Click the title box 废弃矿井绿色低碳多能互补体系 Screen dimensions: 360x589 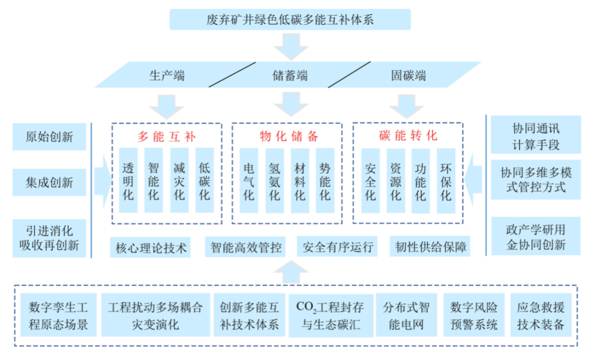290,20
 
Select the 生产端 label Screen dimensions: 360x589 167,75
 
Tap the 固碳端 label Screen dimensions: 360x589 408,75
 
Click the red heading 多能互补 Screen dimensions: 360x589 166,136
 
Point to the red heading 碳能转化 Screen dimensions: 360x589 408,136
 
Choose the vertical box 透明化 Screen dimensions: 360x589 128,181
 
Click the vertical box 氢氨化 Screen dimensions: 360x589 274,181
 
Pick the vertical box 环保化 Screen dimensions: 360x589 446,181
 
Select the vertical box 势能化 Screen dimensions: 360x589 324,181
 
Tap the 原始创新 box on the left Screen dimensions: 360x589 49,136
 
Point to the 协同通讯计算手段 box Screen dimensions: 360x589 536,136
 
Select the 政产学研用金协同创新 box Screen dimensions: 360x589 536,236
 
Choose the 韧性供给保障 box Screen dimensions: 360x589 431,248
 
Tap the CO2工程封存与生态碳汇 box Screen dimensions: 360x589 331,316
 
